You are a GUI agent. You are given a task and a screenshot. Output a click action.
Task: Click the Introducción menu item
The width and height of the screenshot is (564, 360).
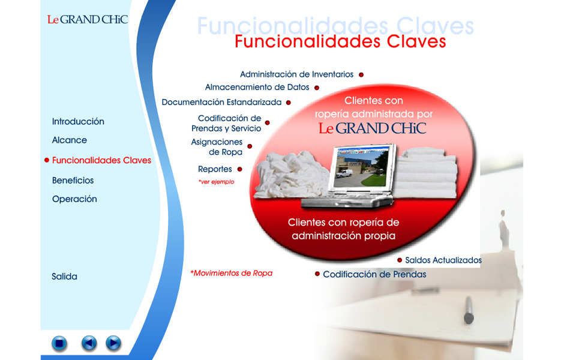(78, 122)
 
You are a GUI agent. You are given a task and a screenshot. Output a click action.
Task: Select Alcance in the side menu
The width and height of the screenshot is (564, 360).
(70, 140)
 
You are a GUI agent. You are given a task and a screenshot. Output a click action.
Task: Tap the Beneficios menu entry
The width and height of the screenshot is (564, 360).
(73, 180)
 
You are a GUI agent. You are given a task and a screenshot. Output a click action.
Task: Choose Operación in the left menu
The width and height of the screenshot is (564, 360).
(74, 199)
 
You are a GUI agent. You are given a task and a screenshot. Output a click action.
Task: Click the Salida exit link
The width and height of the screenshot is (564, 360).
(64, 277)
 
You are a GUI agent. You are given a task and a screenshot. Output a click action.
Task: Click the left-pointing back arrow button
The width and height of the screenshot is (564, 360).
(89, 343)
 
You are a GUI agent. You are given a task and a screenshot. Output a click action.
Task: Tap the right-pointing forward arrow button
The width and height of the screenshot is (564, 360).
(113, 343)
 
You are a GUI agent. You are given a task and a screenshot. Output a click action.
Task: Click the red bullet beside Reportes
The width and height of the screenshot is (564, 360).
(239, 169)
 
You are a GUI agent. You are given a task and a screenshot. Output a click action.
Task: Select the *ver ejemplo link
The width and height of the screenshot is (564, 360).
(216, 182)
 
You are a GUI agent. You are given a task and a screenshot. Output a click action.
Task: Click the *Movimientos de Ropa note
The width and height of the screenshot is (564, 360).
(231, 274)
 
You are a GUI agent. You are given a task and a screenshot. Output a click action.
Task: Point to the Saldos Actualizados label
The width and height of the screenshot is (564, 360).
(443, 260)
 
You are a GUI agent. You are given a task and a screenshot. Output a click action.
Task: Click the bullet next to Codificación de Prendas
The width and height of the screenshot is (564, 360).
(317, 274)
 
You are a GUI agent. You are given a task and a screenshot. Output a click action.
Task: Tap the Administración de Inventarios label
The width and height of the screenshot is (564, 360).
(297, 74)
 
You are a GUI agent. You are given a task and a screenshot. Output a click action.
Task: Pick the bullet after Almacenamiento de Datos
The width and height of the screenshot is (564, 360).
(317, 88)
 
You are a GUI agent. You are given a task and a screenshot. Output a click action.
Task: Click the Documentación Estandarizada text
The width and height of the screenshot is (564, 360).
(221, 102)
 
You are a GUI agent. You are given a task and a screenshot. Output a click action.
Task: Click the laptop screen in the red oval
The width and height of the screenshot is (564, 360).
(361, 167)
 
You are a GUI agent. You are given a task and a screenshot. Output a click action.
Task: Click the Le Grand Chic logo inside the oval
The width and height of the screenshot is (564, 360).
(372, 128)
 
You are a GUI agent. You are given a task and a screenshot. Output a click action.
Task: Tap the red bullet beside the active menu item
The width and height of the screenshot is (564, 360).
(47, 160)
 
